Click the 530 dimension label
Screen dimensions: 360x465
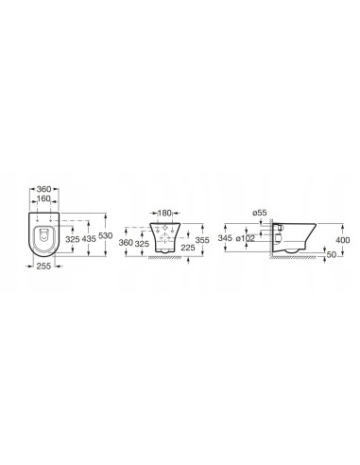(x=105, y=235)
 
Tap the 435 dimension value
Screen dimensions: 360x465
(x=89, y=239)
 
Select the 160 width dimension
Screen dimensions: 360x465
(x=43, y=198)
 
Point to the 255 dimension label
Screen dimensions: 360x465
(x=43, y=267)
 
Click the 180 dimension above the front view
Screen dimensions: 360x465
(x=164, y=213)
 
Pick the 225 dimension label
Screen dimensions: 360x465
(x=188, y=248)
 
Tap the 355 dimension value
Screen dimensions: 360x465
(x=202, y=240)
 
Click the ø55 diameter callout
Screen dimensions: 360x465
(x=259, y=213)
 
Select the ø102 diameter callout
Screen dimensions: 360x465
(x=246, y=238)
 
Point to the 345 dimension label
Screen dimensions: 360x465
(x=225, y=238)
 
